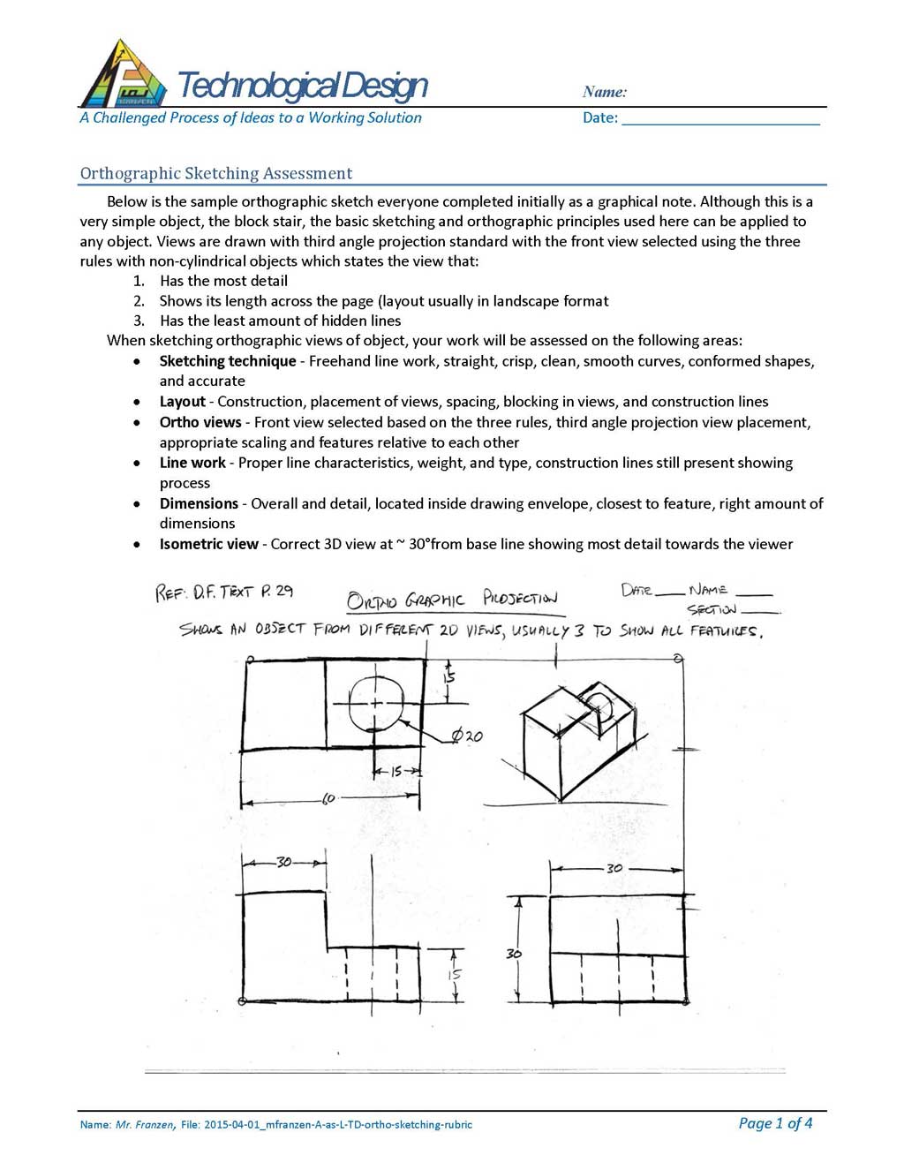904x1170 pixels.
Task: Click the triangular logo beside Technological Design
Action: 123,76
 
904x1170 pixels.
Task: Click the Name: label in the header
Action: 605,92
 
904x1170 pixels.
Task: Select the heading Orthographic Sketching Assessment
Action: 216,173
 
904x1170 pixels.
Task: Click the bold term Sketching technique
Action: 228,361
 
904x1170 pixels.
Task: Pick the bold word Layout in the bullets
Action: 182,402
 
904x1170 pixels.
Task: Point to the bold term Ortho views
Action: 200,422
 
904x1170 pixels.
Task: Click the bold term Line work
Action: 192,463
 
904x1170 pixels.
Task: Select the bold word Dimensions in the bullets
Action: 199,503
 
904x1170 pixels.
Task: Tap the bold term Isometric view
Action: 209,544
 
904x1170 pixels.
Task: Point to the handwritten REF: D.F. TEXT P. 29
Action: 224,592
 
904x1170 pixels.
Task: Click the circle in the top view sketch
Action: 376,703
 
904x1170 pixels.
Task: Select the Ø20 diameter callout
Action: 467,736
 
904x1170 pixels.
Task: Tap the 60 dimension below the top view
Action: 328,798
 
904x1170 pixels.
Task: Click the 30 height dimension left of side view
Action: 514,954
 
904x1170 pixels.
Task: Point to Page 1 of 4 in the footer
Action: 775,1123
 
